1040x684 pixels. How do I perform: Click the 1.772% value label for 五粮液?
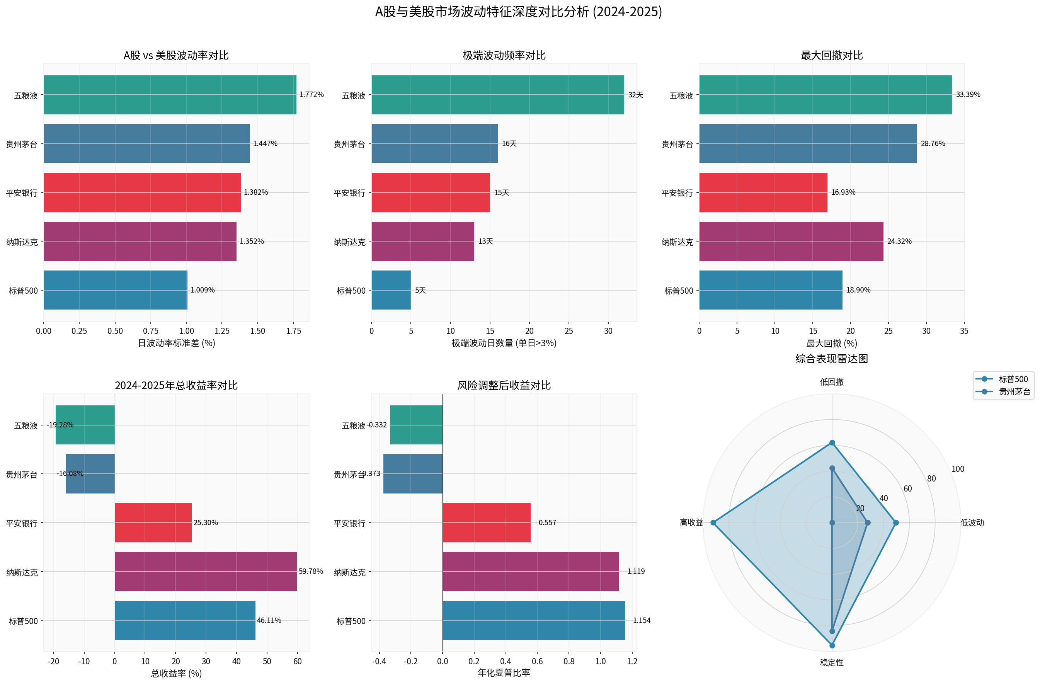[x=311, y=94]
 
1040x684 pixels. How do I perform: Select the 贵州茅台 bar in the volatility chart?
[x=146, y=143]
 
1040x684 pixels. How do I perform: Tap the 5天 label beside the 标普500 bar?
[x=420, y=290]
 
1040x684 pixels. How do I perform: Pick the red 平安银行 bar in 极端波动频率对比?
[x=431, y=192]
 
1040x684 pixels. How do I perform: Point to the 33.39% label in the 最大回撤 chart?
[x=967, y=94]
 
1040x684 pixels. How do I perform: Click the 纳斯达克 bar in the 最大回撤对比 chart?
[x=791, y=241]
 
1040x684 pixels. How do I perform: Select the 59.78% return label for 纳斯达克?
[x=311, y=571]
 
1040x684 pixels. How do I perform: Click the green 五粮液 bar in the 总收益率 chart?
[x=85, y=425]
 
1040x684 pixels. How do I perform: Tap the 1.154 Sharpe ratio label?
[x=642, y=620]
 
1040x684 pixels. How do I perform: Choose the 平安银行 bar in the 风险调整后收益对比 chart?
[x=486, y=522]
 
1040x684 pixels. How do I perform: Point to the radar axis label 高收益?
[x=691, y=522]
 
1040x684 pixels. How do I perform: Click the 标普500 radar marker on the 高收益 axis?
[x=713, y=522]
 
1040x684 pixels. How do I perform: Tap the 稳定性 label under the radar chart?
[x=832, y=662]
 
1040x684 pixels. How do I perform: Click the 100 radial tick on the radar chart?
[x=957, y=469]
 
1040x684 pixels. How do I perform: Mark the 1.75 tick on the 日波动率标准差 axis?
[x=293, y=331]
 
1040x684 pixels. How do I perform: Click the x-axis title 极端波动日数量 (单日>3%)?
[x=504, y=343]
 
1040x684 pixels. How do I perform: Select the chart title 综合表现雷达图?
[x=832, y=359]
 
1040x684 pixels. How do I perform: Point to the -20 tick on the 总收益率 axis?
[x=53, y=661]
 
